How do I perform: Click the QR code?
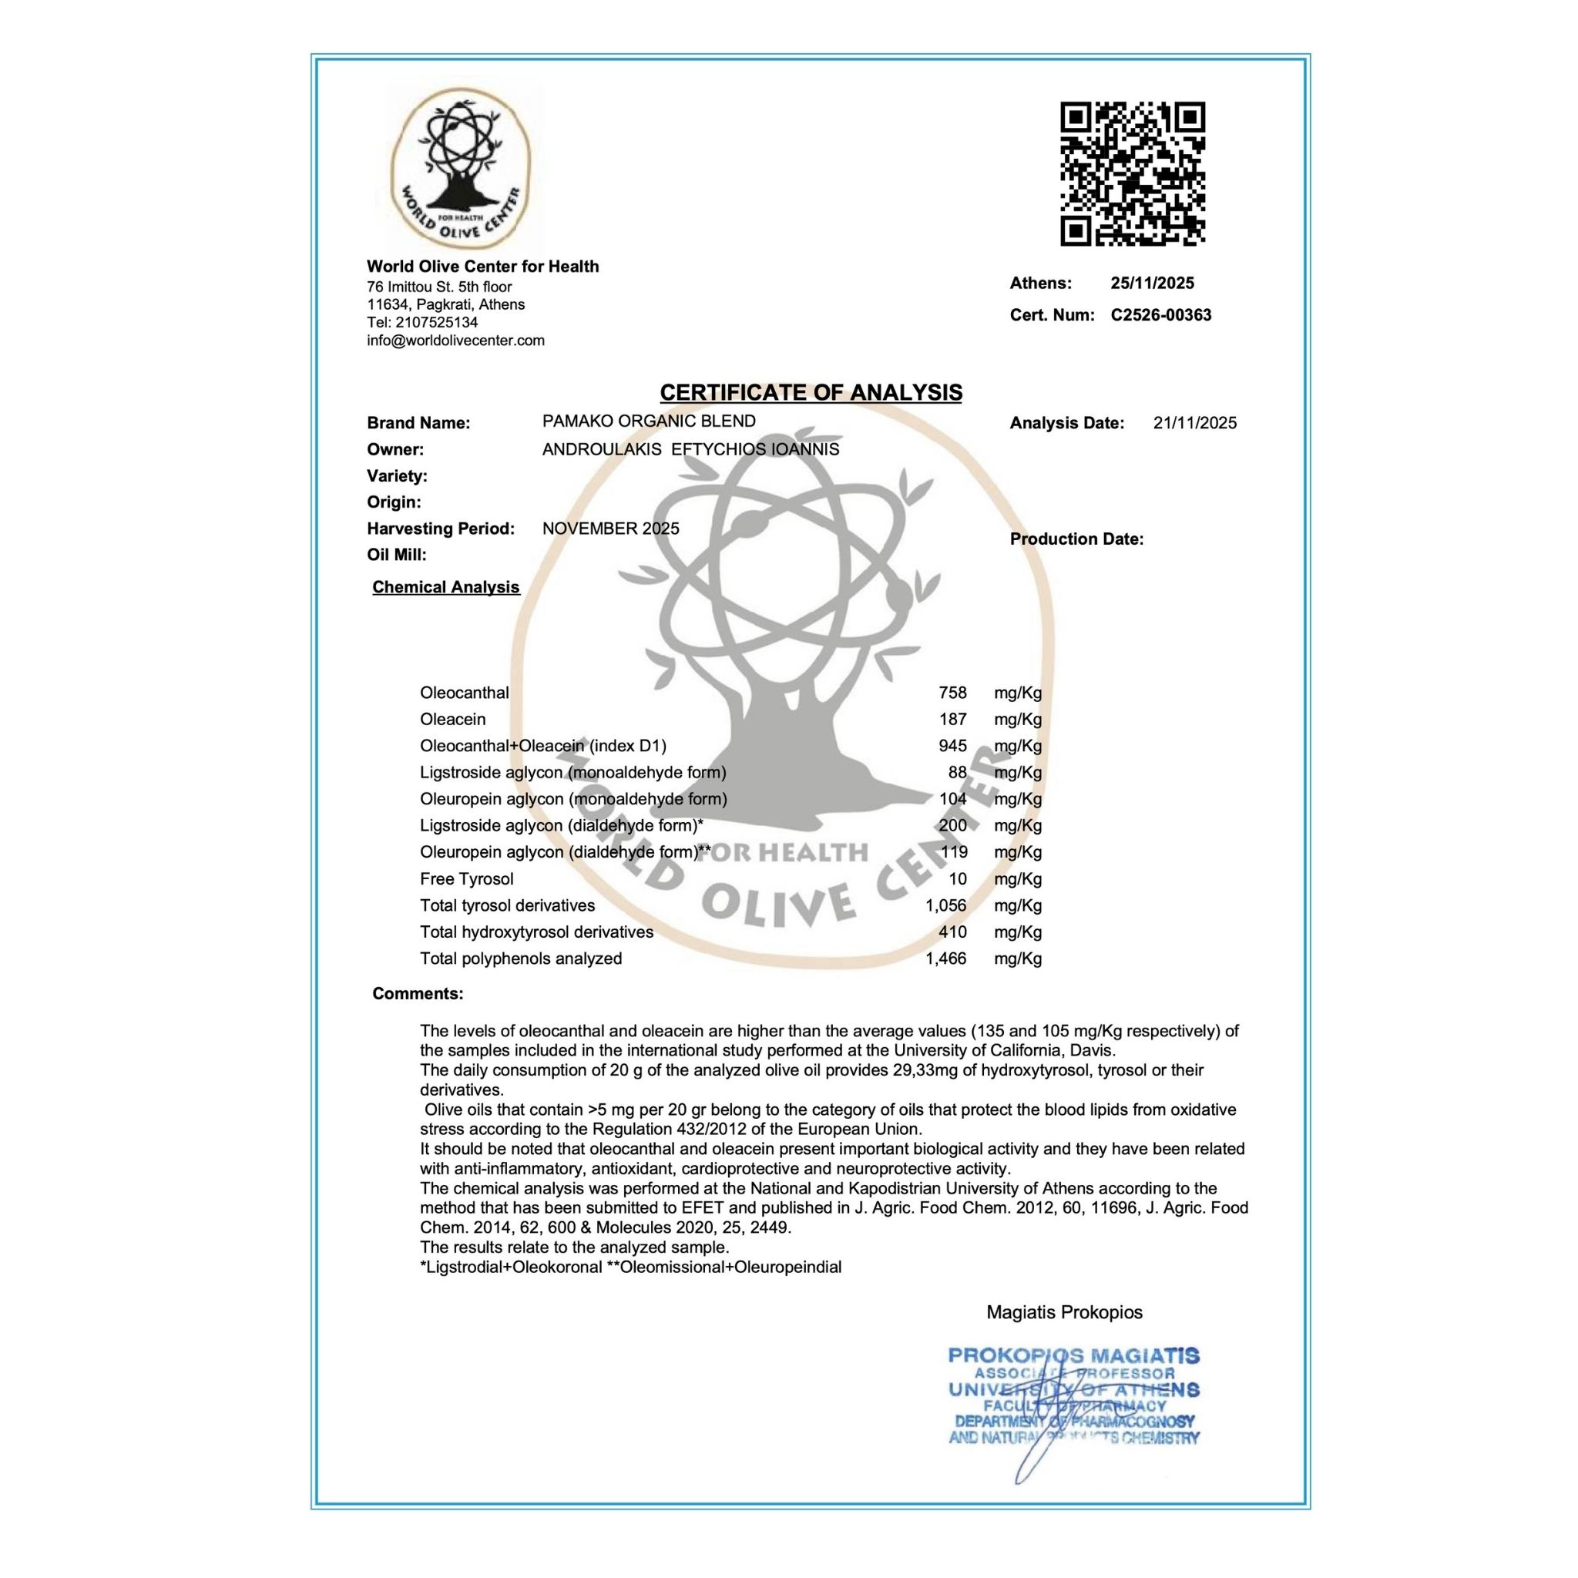click(x=1132, y=173)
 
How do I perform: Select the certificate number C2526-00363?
click(x=1160, y=315)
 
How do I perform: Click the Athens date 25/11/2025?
click(x=1152, y=284)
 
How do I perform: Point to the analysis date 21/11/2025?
click(x=1194, y=423)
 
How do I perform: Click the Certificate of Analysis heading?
click(x=811, y=393)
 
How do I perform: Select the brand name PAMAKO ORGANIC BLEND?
click(x=649, y=421)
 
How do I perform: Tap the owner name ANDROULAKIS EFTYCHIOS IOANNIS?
click(x=690, y=449)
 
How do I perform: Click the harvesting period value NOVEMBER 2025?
click(x=610, y=529)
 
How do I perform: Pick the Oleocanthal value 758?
click(x=952, y=693)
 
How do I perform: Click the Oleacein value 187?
click(x=952, y=720)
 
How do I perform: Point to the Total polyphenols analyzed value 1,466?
click(x=946, y=959)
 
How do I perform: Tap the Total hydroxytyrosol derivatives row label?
click(x=536, y=932)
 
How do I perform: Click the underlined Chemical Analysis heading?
click(x=446, y=587)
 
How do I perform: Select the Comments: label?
click(x=418, y=994)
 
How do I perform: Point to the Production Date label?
click(x=1076, y=539)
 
